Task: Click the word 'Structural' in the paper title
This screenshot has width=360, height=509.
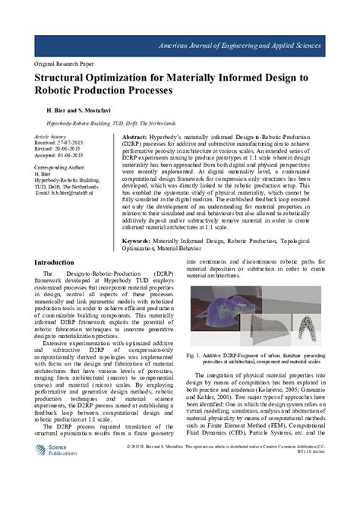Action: click(x=65, y=77)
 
